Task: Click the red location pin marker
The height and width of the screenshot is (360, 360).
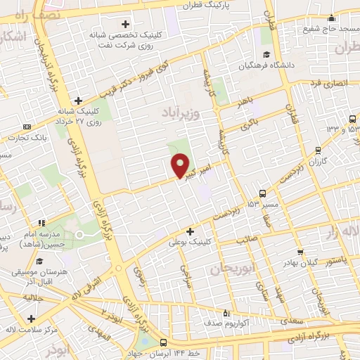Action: click(x=181, y=165)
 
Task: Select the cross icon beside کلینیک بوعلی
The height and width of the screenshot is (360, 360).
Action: click(x=190, y=231)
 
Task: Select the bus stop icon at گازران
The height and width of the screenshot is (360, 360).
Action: click(x=318, y=150)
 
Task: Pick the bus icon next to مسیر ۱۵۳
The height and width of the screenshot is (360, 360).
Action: click(x=262, y=193)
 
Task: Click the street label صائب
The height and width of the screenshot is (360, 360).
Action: click(x=245, y=240)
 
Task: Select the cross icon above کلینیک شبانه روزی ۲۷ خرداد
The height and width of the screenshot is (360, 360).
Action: click(x=79, y=101)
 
